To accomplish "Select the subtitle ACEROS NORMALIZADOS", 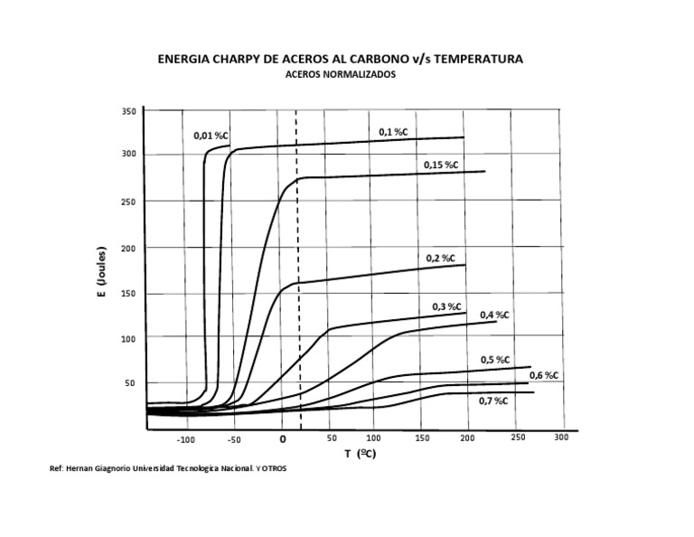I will [340, 76].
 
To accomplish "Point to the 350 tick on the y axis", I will [128, 111].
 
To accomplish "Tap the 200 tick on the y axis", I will [128, 247].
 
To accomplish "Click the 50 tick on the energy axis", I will [130, 383].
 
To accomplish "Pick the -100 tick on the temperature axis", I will [186, 440].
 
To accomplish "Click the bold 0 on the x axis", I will [283, 439].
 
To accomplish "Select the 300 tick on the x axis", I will [561, 438].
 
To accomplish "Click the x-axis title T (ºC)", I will [360, 455].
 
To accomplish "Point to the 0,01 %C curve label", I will [211, 136].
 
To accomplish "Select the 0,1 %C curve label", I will [393, 132].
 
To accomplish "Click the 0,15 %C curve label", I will [441, 165].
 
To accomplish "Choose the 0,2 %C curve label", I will [440, 258].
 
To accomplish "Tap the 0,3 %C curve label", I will [446, 306].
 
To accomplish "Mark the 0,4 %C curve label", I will [494, 315].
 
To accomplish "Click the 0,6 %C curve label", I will [543, 375].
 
